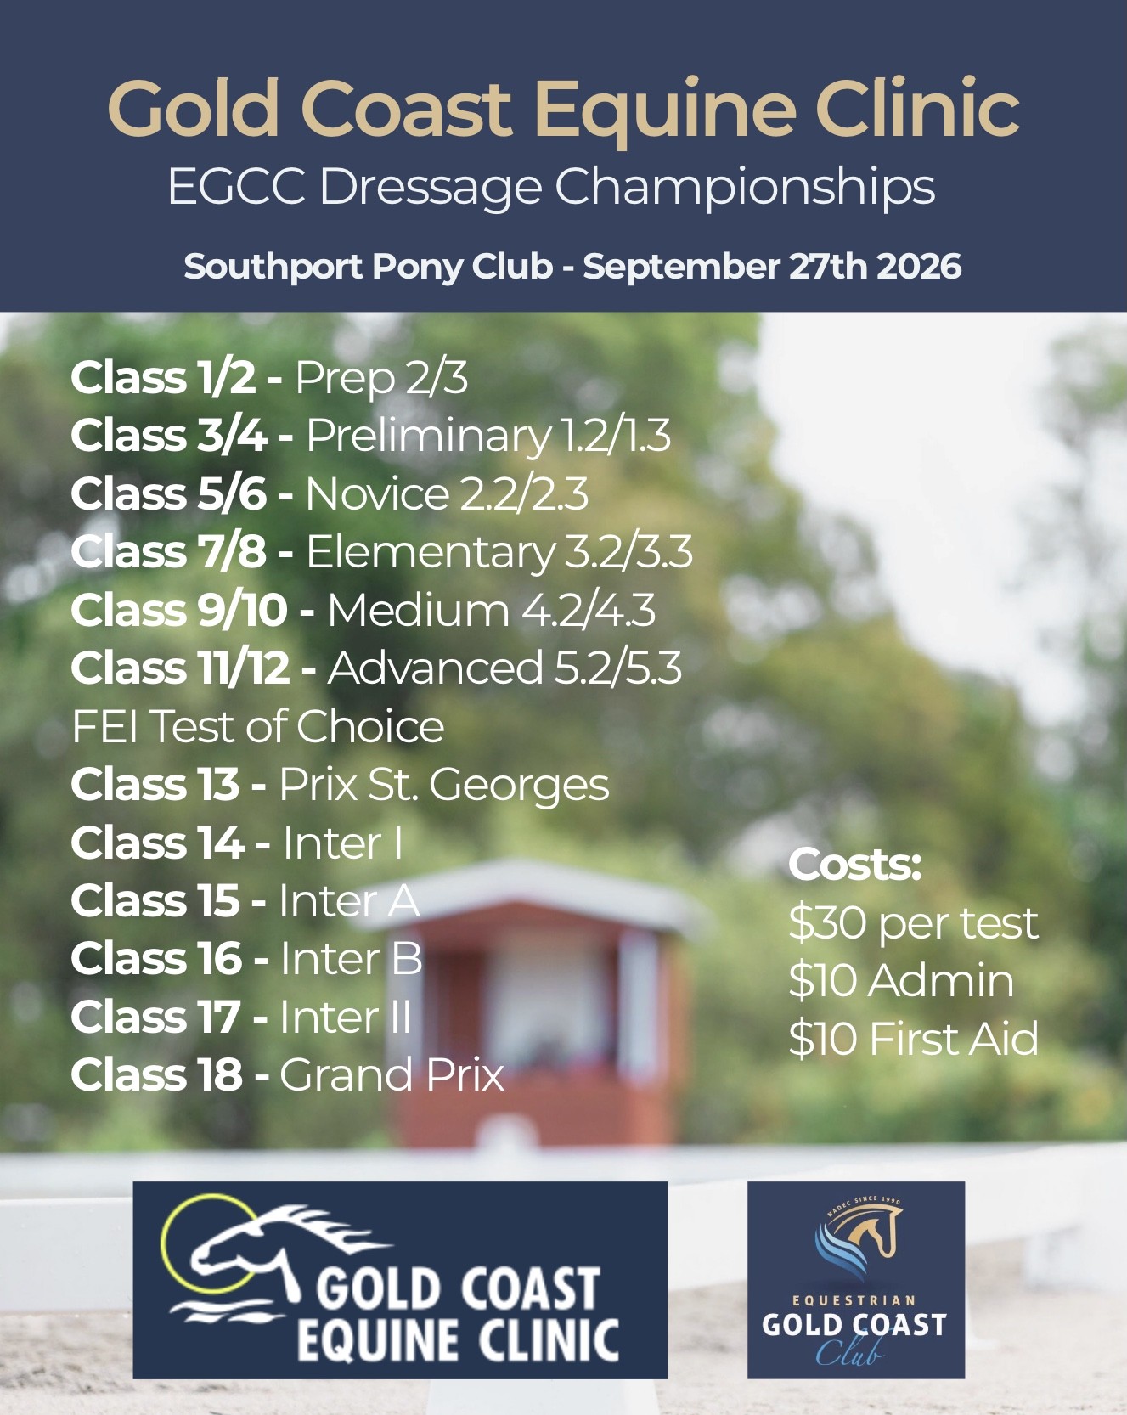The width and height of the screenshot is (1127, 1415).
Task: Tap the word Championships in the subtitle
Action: click(x=745, y=189)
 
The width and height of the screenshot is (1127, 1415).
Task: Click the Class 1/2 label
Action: click(x=163, y=377)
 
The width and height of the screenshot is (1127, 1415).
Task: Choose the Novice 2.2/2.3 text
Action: click(x=447, y=493)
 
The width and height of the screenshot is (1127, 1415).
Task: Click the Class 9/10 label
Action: click(x=179, y=610)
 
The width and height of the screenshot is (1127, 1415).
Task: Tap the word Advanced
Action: click(x=435, y=668)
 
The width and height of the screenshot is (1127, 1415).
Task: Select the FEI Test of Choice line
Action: click(x=258, y=726)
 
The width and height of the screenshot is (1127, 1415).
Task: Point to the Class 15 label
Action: click(x=155, y=900)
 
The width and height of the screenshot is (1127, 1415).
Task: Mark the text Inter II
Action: click(x=345, y=1017)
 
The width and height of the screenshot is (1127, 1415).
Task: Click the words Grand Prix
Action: click(x=392, y=1075)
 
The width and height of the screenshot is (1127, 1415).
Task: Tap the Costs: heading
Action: click(x=854, y=865)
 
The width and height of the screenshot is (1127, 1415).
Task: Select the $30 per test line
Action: click(x=913, y=924)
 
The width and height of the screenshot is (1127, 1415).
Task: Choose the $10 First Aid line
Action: click(x=913, y=1039)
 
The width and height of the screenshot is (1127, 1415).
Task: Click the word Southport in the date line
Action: click(x=273, y=268)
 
